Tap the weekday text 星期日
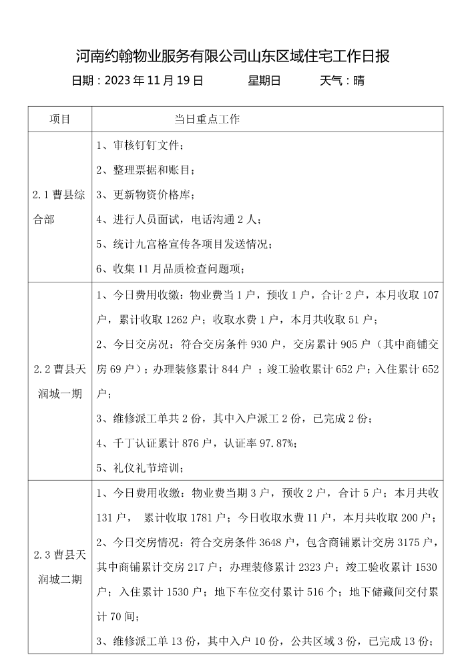coord(264,81)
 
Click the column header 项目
coord(59,120)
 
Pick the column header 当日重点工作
coord(207,120)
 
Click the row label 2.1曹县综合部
coord(59,207)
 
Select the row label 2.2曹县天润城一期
coord(59,381)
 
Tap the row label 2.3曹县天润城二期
coord(59,567)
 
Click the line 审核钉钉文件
coord(144,146)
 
